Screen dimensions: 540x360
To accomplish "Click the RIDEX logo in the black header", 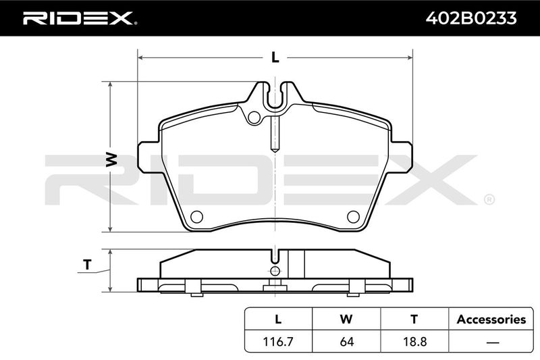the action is click(80, 18).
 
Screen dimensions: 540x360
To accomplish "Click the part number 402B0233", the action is click(471, 18).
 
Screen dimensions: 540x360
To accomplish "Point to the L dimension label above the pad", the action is click(275, 57).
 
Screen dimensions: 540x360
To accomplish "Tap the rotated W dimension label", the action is click(111, 159).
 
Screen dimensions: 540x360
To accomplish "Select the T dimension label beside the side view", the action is click(88, 265).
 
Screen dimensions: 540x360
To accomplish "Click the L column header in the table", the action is click(278, 319).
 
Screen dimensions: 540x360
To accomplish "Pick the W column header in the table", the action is click(346, 319).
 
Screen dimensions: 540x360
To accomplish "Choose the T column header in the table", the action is click(414, 319).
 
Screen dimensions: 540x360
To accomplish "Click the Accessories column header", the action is click(491, 319).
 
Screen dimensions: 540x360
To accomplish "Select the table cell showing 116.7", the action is click(278, 342).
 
